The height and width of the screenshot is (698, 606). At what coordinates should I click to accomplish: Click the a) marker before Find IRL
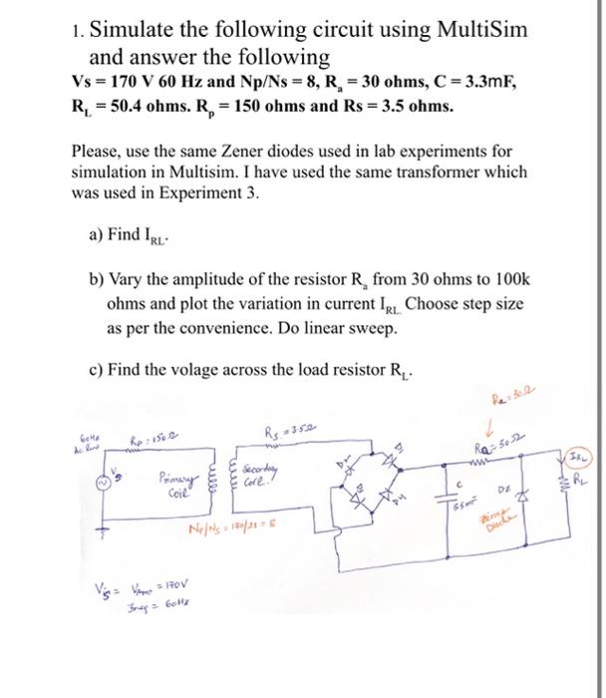[x=98, y=236]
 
